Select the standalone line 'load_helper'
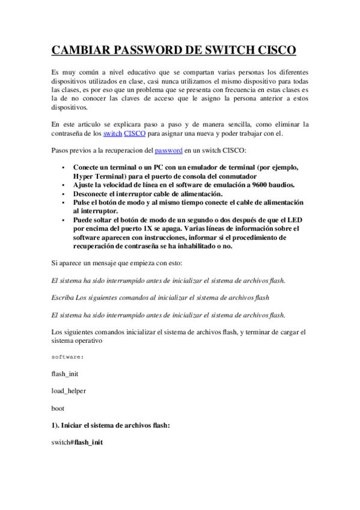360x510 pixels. [x=69, y=391]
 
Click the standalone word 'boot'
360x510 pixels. [x=58, y=408]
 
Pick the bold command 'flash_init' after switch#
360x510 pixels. [x=88, y=442]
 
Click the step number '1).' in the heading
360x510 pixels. [x=57, y=425]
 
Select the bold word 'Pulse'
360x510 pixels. [x=83, y=203]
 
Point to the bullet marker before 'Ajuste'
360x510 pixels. [x=63, y=186]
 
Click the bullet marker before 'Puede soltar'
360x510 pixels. [x=63, y=221]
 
